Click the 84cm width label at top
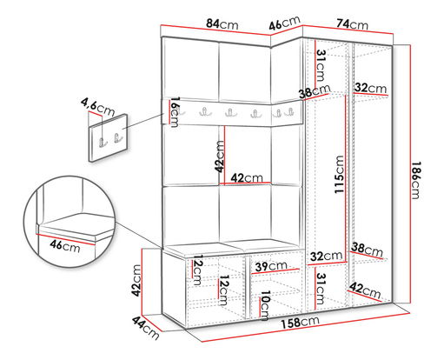(x=222, y=24)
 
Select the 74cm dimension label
(x=352, y=24)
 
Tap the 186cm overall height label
(x=416, y=180)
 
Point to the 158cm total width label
(x=300, y=323)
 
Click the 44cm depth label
(x=146, y=328)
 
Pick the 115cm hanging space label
(x=339, y=175)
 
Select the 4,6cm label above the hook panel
(x=97, y=107)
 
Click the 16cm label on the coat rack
(x=175, y=112)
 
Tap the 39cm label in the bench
(x=271, y=266)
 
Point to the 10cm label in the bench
(x=265, y=305)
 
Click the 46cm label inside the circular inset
(x=65, y=246)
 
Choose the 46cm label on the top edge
(x=284, y=23)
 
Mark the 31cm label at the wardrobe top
(x=321, y=65)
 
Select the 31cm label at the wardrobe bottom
(x=321, y=289)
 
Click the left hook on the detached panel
(x=103, y=142)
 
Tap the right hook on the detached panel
(x=117, y=138)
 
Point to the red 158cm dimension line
(x=306, y=328)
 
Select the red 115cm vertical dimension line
(x=346, y=179)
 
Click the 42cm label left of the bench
(x=136, y=281)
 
